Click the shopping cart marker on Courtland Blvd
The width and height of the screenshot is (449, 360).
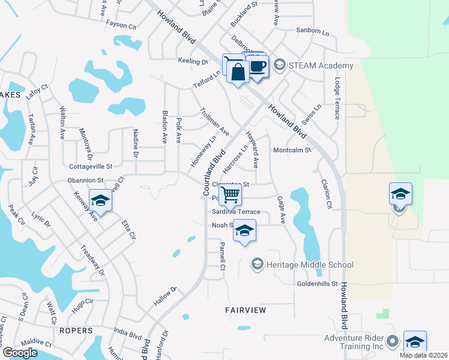[x=231, y=195]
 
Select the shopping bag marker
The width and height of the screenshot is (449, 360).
[x=238, y=71]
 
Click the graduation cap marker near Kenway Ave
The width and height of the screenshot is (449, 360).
[x=100, y=201]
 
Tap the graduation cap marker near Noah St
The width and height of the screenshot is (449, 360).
[x=244, y=230]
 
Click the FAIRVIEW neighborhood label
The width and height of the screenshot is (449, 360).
[x=246, y=310]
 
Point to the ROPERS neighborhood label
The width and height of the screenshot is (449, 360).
[x=76, y=331]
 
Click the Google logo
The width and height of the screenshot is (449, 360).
[x=20, y=353]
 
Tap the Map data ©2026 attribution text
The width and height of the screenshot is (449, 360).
[x=423, y=355]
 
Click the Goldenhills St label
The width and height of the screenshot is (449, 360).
[x=318, y=283]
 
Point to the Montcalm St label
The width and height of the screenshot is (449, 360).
[x=292, y=150]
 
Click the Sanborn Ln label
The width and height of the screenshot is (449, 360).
[x=313, y=30]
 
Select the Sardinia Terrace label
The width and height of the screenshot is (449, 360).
[x=235, y=212]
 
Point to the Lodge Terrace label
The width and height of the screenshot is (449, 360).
[x=337, y=98]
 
